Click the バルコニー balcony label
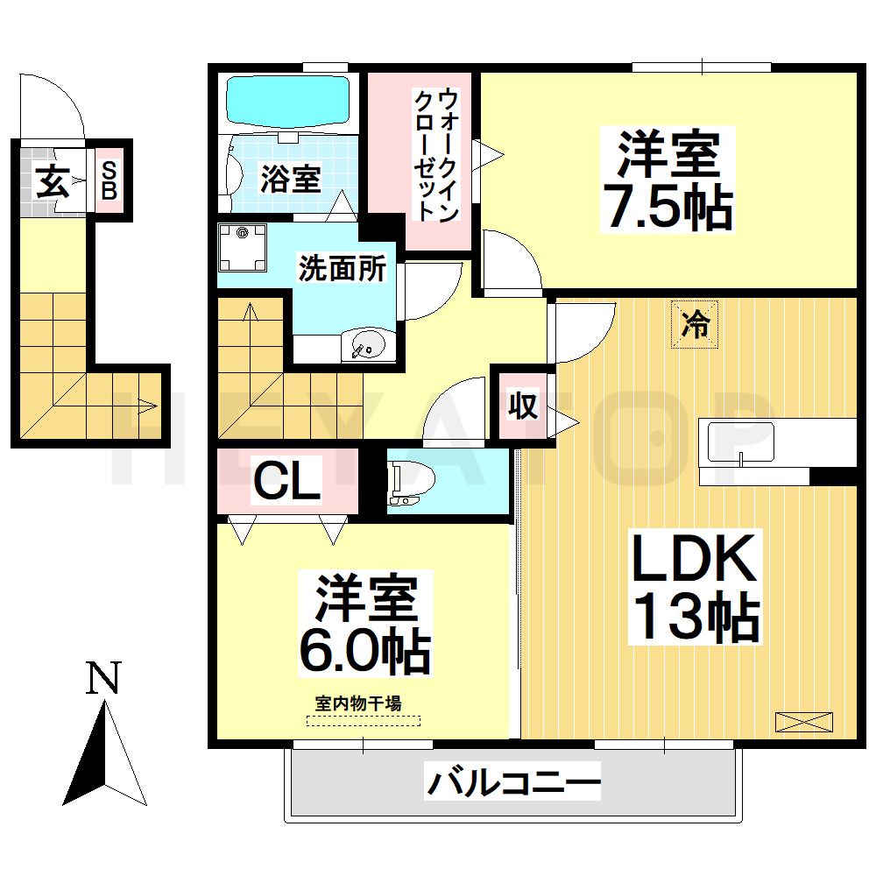click(x=513, y=781)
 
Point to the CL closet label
click(x=286, y=481)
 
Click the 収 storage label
click(x=524, y=407)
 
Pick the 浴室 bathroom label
click(x=290, y=180)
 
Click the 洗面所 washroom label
click(x=342, y=269)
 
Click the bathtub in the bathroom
click(x=287, y=101)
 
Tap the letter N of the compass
click(x=103, y=679)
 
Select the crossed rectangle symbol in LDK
click(x=802, y=723)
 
